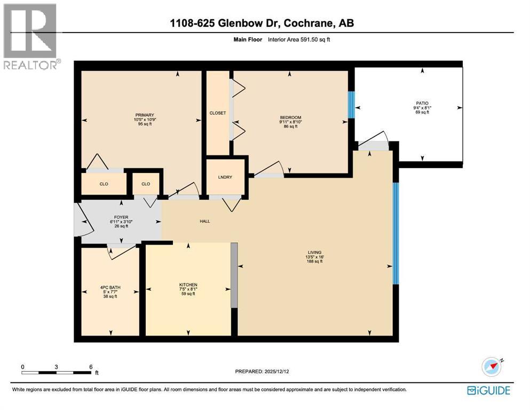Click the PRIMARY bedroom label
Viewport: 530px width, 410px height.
click(x=144, y=115)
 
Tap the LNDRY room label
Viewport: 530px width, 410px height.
click(x=224, y=177)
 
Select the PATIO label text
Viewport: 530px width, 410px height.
click(x=423, y=103)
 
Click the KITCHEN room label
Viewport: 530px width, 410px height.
click(x=188, y=285)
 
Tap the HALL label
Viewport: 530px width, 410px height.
click(x=204, y=220)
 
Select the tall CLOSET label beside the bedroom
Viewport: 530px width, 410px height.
click(x=218, y=113)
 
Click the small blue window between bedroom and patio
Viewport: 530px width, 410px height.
click(x=351, y=104)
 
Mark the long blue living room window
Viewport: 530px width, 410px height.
click(x=395, y=234)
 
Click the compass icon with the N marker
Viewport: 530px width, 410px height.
click(x=492, y=367)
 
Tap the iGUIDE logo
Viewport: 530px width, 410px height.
click(x=488, y=390)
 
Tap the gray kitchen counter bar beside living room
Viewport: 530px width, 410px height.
click(x=234, y=275)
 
